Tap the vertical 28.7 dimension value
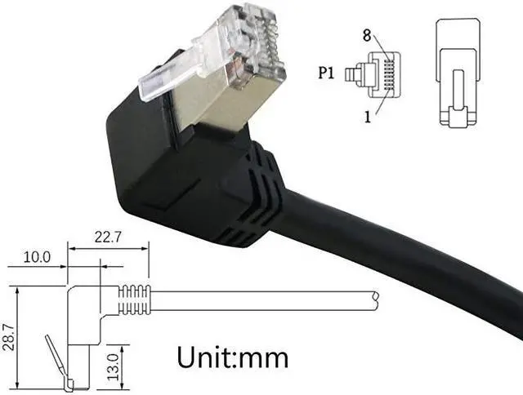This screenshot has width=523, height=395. [x=7, y=336]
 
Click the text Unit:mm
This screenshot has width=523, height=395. [x=232, y=356]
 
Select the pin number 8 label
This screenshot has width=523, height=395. [x=368, y=35]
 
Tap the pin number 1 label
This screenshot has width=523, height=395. [x=369, y=116]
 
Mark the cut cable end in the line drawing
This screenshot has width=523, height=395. [x=375, y=300]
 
